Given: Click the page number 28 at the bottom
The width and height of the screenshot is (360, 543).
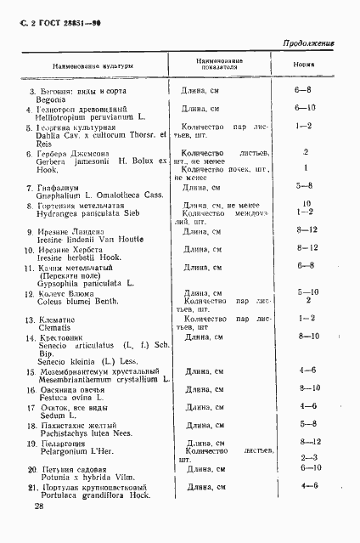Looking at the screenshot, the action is coord(39,506).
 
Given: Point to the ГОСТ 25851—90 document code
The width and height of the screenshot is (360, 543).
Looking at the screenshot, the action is coord(60,14).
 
